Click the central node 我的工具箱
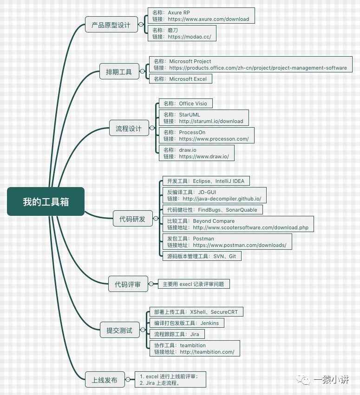coord(46,201)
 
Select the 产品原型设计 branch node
coord(111,25)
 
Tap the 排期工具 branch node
coord(119,72)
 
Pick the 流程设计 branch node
coord(129,128)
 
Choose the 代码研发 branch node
coord(132,219)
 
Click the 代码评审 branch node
coord(128,284)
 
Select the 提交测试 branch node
coord(119,330)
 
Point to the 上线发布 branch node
coord(105,380)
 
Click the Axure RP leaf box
coord(201,16)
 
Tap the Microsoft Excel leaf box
coord(181,79)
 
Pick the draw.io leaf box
coord(196,153)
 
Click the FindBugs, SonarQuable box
coord(212,210)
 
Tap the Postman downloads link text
coord(240,245)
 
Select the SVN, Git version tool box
coord(202,256)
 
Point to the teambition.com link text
coord(207,352)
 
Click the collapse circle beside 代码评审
coord(151,284)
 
